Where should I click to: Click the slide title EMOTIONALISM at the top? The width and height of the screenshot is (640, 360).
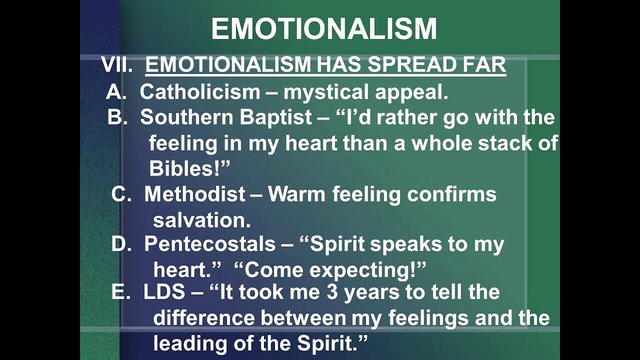pyautogui.click(x=324, y=29)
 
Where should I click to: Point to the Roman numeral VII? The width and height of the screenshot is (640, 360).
pyautogui.click(x=117, y=65)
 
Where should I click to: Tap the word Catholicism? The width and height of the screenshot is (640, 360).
pyautogui.click(x=200, y=92)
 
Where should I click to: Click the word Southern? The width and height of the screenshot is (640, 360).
pyautogui.click(x=186, y=117)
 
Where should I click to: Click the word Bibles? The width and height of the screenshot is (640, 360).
pyautogui.click(x=189, y=169)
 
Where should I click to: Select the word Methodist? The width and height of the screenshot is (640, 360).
pyautogui.click(x=195, y=194)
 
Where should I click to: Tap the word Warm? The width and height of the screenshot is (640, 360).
pyautogui.click(x=297, y=194)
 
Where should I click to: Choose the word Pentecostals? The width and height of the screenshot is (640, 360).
pyautogui.click(x=209, y=244)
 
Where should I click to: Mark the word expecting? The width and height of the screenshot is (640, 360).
pyautogui.click(x=368, y=270)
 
